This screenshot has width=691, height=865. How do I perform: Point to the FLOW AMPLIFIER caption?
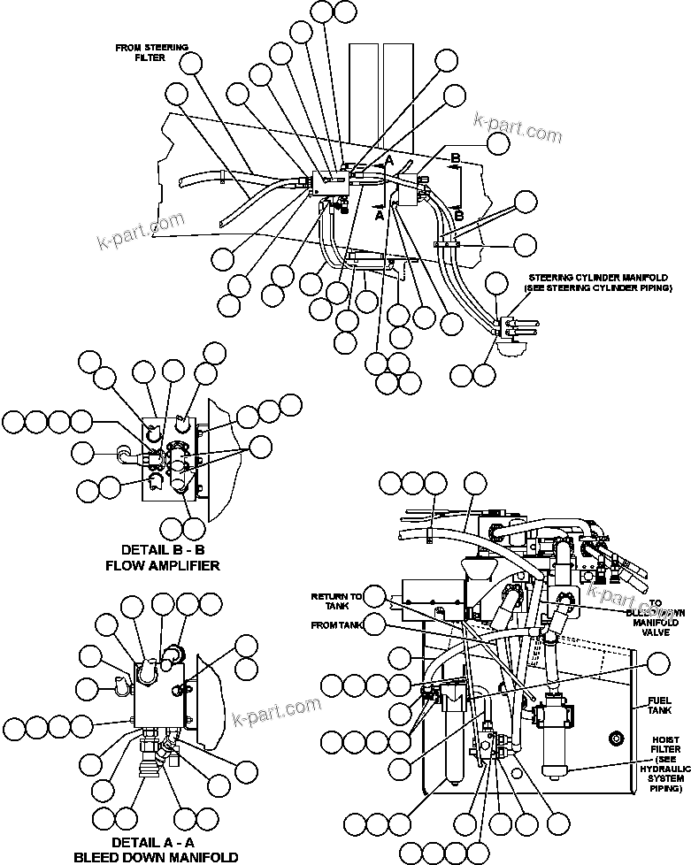point(162,564)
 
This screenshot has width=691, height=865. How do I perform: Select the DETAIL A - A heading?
point(154,841)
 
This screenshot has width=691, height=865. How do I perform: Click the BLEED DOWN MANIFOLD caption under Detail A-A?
point(154,856)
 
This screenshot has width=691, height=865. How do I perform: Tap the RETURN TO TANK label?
point(335,601)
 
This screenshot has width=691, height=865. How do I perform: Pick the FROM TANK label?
point(337,625)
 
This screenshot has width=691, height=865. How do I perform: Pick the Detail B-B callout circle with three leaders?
point(261,446)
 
